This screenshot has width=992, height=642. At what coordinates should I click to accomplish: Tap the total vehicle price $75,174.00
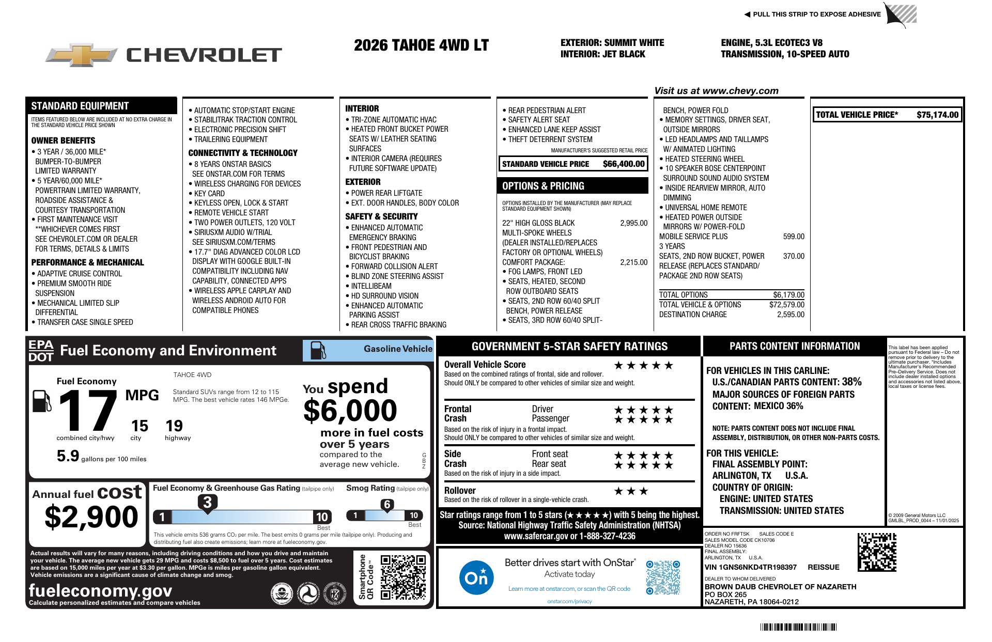point(937,115)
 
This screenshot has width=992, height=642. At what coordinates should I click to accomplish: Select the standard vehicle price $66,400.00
point(624,164)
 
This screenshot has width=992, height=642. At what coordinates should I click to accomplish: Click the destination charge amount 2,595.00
point(791,315)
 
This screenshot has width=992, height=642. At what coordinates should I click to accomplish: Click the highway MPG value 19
point(174,426)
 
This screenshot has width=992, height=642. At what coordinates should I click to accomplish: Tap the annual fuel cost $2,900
point(91,517)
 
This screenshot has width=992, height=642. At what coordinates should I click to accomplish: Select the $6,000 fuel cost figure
point(350,411)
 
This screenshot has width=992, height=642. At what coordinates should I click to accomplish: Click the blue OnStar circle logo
point(476,577)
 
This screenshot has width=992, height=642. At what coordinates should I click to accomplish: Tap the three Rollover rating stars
point(630,491)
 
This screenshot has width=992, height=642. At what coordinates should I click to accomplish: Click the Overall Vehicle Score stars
point(643,366)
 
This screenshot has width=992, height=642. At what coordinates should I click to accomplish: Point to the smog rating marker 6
point(387,505)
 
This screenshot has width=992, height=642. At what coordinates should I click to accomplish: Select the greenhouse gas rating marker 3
point(207,502)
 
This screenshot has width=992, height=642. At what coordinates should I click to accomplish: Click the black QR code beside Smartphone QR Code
point(403,577)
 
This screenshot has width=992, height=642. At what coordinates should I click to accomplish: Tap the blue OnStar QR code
point(663,577)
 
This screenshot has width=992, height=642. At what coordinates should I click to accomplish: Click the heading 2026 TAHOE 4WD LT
point(421,46)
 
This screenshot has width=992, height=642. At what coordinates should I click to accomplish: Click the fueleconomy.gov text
point(100,590)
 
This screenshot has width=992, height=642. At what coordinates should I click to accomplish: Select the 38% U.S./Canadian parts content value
point(851,382)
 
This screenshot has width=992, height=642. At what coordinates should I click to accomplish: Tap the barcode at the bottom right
point(798,627)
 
